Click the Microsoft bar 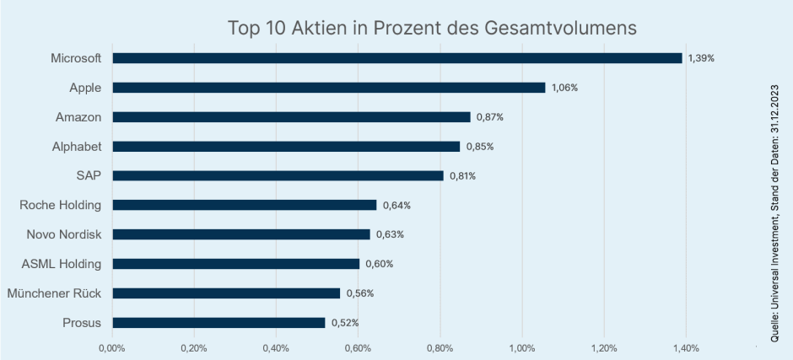pos(396,58)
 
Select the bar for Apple pos(328,88)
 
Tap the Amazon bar pos(291,117)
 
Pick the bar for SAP pos(278,175)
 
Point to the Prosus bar pos(218,322)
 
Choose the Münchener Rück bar pos(226,293)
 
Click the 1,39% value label pos(702,58)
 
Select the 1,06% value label pos(565,88)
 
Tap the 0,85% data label pos(480,147)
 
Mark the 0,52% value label pos(345,323)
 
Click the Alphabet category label pos(77,147)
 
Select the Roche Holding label pos(60,205)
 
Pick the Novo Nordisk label pos(63,234)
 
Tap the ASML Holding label pos(61,264)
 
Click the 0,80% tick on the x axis pos(440,347)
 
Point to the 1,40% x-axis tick pos(685,347)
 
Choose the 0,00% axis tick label pos(112,347)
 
